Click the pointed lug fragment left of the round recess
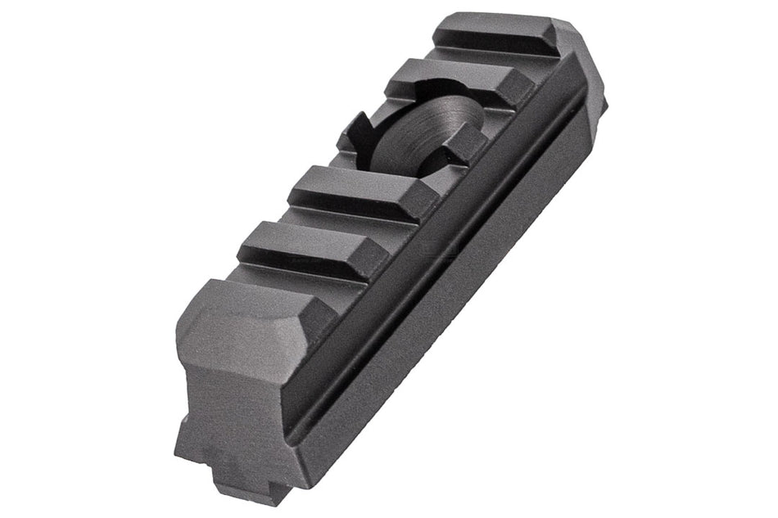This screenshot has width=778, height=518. (354, 131)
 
